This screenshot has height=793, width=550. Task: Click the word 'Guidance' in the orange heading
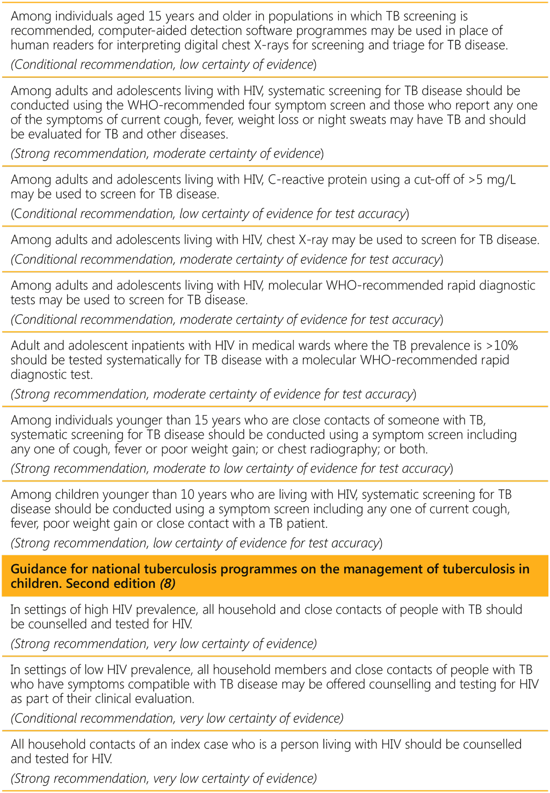tap(38, 569)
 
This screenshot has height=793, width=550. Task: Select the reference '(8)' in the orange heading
tap(168, 584)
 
